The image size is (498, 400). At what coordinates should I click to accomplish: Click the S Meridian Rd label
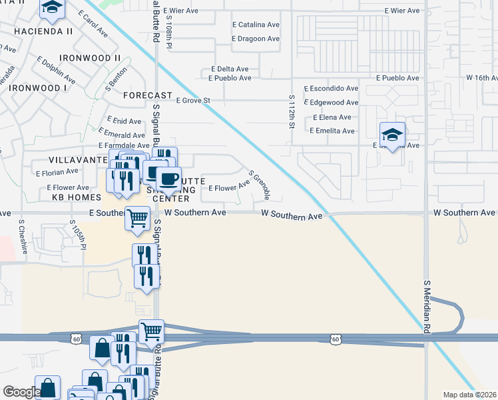click(427, 306)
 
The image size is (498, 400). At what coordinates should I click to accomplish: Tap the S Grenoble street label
click(259, 185)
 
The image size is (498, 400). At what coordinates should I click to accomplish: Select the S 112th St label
click(292, 111)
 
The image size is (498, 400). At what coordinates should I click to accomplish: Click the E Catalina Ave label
click(256, 25)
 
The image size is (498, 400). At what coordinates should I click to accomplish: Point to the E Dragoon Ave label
click(256, 39)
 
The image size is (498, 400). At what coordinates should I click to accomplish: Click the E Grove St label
click(193, 101)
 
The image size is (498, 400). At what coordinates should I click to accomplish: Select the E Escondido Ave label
click(331, 88)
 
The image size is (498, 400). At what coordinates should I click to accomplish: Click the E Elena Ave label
click(332, 117)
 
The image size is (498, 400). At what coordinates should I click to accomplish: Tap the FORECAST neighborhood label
click(148, 95)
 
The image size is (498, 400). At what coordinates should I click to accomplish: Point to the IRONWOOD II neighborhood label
click(89, 58)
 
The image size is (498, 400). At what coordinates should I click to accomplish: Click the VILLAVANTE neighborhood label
click(74, 160)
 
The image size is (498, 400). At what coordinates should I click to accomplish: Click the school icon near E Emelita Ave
click(392, 135)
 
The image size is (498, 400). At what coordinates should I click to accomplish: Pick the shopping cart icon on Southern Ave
click(137, 217)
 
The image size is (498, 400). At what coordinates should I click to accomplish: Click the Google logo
click(21, 392)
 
